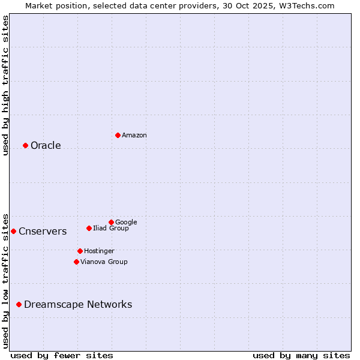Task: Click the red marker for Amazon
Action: [x=118, y=135]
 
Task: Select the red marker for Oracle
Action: [x=25, y=145]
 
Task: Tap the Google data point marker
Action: [x=111, y=222]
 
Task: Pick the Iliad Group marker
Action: [x=89, y=228]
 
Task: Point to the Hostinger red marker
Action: [x=80, y=251]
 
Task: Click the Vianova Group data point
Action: [x=76, y=262]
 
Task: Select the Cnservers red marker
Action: [x=13, y=231]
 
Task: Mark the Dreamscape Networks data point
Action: [x=19, y=305]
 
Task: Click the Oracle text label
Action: [x=46, y=146]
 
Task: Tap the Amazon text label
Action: [x=134, y=136]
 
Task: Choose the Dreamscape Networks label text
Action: [x=78, y=305]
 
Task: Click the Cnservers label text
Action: [x=43, y=232]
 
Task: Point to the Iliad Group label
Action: [x=111, y=229]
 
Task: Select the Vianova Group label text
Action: [x=104, y=262]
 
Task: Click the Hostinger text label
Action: [x=99, y=251]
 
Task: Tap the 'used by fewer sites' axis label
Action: [x=62, y=355]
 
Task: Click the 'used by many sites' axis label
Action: [x=301, y=355]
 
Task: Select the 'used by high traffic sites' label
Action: [x=5, y=85]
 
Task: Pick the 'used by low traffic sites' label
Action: [x=5, y=280]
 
